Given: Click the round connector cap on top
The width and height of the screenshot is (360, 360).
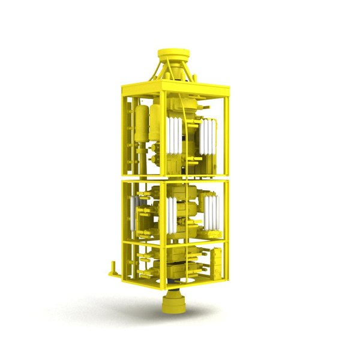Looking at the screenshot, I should click(x=173, y=56).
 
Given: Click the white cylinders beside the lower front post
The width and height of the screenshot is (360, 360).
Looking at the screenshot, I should click(x=173, y=216).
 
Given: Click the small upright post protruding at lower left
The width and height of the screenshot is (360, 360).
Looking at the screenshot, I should click(x=111, y=268).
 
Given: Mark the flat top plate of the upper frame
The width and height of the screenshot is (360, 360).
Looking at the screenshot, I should click(x=180, y=89).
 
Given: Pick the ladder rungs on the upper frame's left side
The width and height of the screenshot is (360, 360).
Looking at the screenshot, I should click(x=128, y=132).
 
